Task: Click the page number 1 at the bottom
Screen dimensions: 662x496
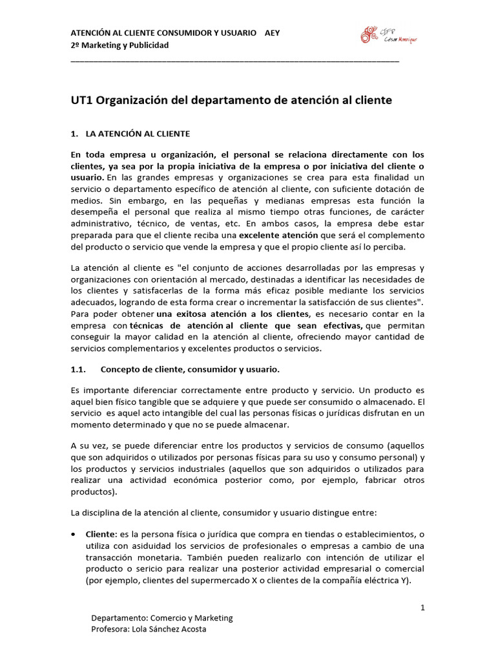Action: [x=422, y=607]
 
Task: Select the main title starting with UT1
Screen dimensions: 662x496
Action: [x=231, y=101]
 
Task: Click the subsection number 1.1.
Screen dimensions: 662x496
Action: [x=77, y=370]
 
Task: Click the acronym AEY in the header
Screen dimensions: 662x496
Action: [x=273, y=33]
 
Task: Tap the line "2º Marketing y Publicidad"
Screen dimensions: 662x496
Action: [x=119, y=45]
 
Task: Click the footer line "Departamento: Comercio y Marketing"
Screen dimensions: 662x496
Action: [x=162, y=617]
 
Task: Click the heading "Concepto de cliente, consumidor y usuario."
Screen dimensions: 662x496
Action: [x=191, y=370]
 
